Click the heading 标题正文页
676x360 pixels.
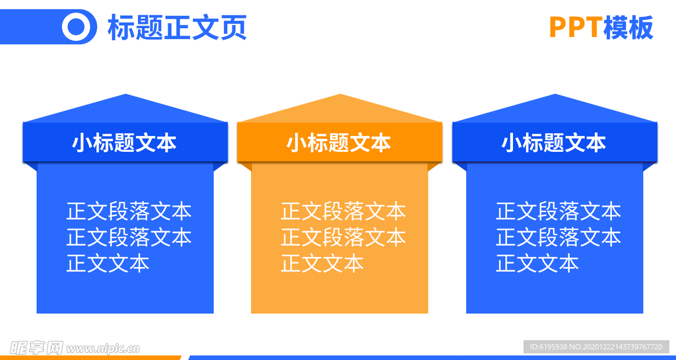pos(176,28)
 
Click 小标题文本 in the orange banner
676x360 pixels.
pos(339,143)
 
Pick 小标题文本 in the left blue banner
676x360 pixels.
pos(124,143)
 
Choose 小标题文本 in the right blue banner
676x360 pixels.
pos(554,143)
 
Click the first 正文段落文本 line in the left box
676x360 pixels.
pos(129,211)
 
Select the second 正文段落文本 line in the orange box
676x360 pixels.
pos(343,236)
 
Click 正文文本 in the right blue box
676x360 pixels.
pos(537,263)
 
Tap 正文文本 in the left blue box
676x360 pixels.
pos(108,263)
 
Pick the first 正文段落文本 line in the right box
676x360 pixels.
pos(558,211)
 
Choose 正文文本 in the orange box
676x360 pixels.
pos(322,263)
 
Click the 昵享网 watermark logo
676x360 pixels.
pos(36,347)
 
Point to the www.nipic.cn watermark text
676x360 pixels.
pos(103,347)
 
